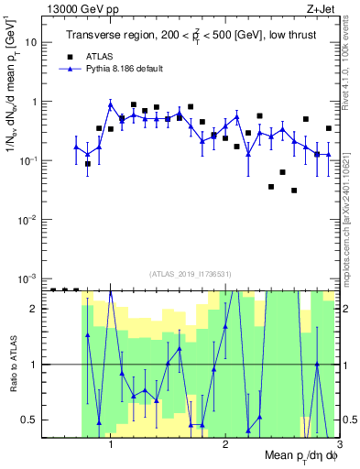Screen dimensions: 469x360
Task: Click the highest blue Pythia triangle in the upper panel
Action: (111, 104)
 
